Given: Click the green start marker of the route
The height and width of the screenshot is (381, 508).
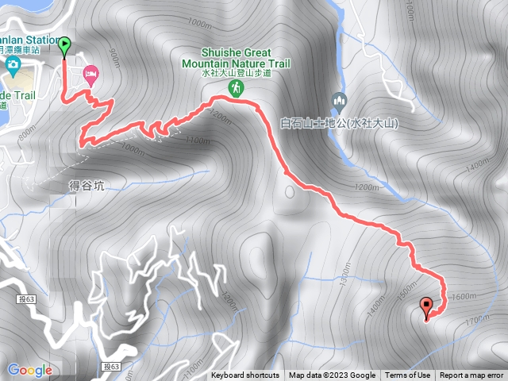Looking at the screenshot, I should pos(64,47).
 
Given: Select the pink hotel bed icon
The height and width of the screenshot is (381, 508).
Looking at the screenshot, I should pos(90,74).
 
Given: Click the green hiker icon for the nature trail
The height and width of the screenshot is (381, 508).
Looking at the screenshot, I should pos(236,88).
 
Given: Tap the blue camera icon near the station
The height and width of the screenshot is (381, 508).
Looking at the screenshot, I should pos(13,64).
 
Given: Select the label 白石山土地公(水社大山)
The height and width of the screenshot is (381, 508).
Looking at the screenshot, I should pos(339,124).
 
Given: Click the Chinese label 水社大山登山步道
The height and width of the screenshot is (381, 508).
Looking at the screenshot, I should pos(237,73).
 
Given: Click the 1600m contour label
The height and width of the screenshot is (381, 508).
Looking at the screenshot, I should pos(462,295).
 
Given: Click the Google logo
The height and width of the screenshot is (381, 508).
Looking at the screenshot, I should pos(29,370).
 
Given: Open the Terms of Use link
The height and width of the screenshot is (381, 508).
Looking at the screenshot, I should pos(408,375).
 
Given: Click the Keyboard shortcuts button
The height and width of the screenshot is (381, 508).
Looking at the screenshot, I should pos(245,375).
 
